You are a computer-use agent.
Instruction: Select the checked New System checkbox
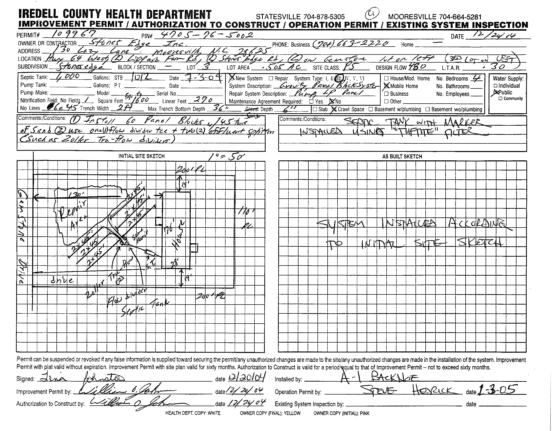tap(232, 78)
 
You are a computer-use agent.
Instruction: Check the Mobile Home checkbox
tap(387, 86)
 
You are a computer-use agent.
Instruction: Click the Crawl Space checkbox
tap(334, 109)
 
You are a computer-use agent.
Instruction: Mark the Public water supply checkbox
tap(496, 92)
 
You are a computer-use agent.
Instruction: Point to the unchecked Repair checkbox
tap(271, 78)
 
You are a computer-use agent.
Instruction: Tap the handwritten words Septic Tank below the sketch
tap(144, 307)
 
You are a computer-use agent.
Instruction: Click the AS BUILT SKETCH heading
tap(402, 156)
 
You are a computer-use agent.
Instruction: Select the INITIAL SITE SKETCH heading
tap(141, 156)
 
